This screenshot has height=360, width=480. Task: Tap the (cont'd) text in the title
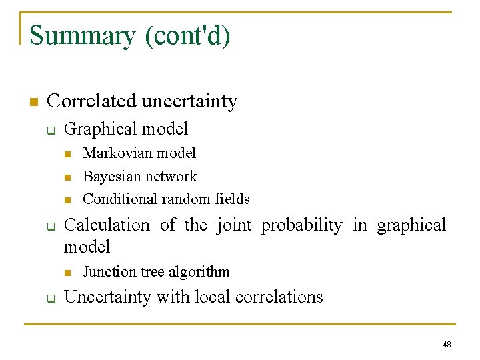187,35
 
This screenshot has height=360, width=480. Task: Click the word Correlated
90,101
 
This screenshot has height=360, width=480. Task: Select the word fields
233,199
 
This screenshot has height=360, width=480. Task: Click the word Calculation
107,225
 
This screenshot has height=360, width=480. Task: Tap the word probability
301,225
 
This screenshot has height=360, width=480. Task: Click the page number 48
447,345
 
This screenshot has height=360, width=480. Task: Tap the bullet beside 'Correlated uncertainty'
32,102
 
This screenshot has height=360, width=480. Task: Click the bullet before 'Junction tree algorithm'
67,273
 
